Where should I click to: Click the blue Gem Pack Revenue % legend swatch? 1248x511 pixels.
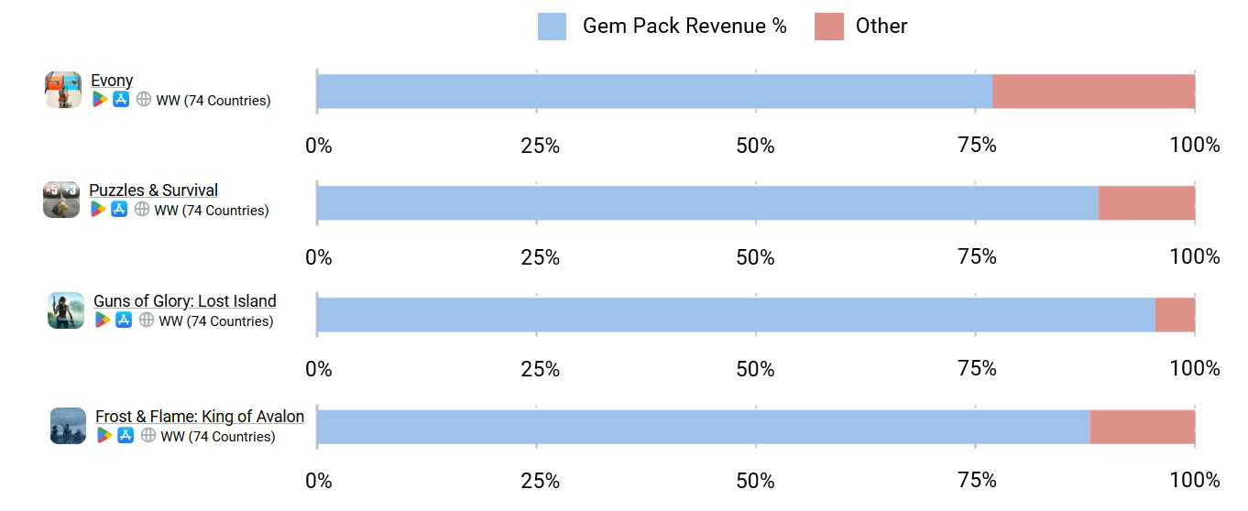click(x=552, y=27)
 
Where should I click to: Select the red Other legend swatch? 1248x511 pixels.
click(x=828, y=27)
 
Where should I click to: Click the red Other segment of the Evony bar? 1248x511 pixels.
click(x=1093, y=92)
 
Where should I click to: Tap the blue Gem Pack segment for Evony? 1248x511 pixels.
click(x=654, y=92)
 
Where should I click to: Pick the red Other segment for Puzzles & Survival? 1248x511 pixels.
click(x=1146, y=203)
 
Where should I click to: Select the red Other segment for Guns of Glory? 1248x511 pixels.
click(x=1175, y=315)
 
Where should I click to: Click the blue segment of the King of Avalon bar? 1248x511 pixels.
click(x=703, y=427)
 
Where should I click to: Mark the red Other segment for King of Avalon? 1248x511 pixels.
click(x=1142, y=427)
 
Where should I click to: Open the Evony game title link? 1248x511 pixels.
click(x=112, y=81)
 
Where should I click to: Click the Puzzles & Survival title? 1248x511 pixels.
click(x=153, y=190)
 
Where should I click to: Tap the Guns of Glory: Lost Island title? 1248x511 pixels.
click(x=184, y=301)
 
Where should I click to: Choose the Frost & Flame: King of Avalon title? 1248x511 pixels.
click(x=200, y=417)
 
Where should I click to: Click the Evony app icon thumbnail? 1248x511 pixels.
click(x=63, y=90)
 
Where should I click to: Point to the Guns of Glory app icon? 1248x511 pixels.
click(x=66, y=310)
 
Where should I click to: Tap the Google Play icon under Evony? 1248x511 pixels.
click(x=100, y=100)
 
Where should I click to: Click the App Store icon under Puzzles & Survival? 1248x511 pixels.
click(x=119, y=210)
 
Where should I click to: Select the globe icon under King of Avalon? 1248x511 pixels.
click(x=148, y=436)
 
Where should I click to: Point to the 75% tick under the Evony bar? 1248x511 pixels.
click(x=977, y=146)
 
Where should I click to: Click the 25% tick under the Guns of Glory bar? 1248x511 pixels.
click(x=540, y=369)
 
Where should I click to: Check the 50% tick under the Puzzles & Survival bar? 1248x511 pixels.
click(x=755, y=257)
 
